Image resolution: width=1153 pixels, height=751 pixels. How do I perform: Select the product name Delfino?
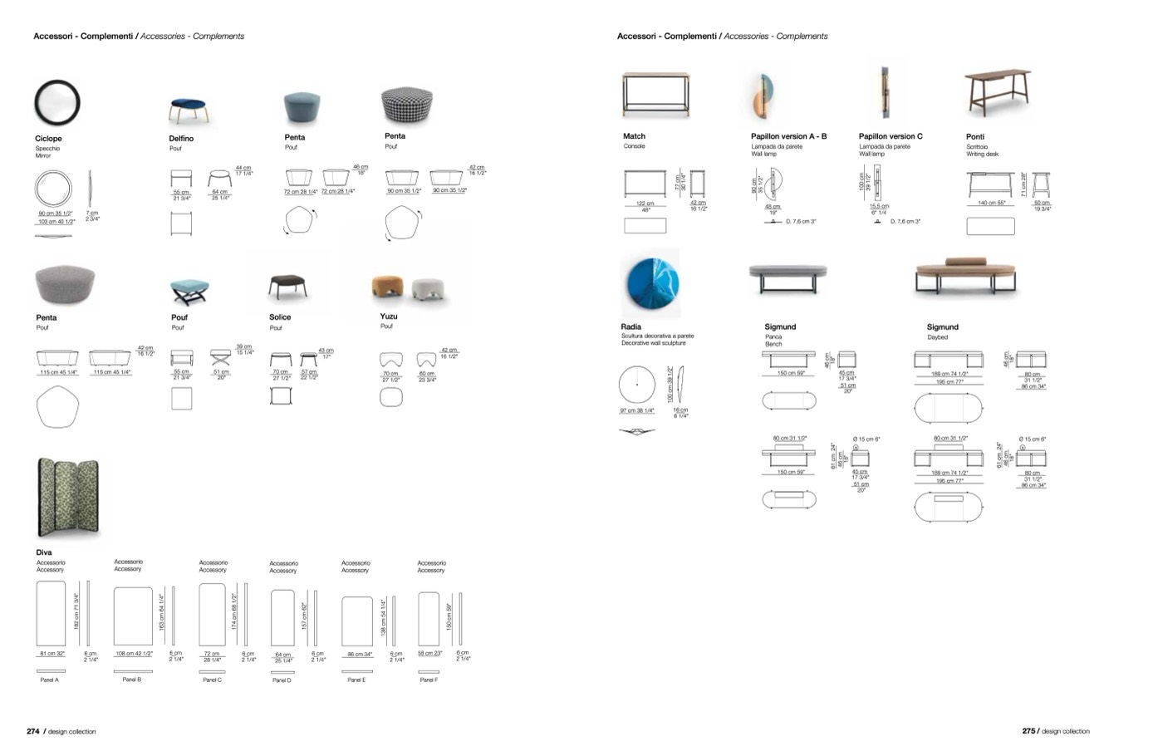[181, 139]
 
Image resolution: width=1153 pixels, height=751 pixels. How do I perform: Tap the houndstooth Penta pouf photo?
[406, 106]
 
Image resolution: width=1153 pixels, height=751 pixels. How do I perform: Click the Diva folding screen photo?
[67, 498]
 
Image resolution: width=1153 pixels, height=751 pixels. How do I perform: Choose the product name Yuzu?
[389, 317]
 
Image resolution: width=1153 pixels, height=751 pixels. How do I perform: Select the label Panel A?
[50, 680]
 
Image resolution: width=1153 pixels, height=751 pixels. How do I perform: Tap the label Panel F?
[428, 680]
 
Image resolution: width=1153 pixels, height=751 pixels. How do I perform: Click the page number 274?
[33, 732]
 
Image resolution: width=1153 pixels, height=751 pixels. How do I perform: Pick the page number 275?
[1028, 732]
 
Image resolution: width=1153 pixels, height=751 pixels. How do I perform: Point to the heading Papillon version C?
[891, 136]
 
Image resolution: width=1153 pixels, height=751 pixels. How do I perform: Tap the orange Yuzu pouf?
[388, 287]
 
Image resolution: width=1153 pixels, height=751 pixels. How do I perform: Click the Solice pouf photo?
[288, 287]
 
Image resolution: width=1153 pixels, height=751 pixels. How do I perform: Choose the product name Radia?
[631, 326]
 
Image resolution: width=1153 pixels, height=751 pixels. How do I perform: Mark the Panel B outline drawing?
[133, 616]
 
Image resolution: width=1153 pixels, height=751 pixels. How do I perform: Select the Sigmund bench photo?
[787, 277]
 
